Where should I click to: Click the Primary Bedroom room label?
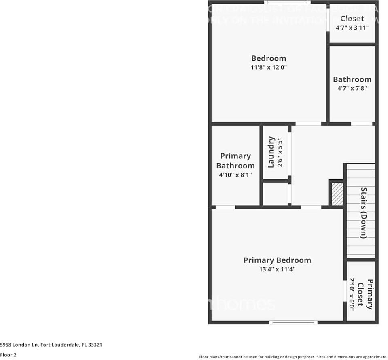[277, 260]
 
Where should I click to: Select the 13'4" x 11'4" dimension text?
[277, 270]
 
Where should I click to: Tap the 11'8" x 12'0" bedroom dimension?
[269, 68]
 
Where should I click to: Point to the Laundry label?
[271, 152]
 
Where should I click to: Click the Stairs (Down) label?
[363, 213]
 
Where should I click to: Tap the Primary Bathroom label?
[235, 161]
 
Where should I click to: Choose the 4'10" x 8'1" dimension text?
[235, 175]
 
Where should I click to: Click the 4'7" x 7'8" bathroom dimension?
[352, 88]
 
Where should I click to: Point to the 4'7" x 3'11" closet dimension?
[352, 28]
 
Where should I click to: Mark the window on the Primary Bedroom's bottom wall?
[293, 322]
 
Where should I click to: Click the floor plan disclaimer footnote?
[293, 357]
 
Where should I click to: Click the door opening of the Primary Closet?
[345, 291]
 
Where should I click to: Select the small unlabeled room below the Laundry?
[275, 195]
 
